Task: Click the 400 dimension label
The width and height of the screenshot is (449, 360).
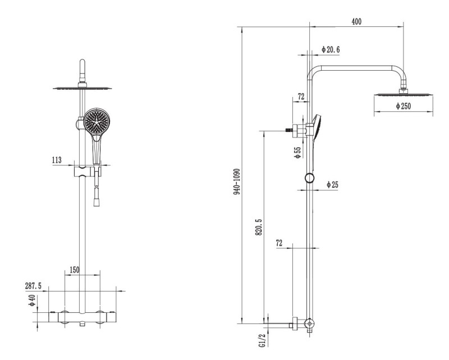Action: pyautogui.click(x=356, y=21)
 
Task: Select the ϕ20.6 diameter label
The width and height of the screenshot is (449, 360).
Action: pyautogui.click(x=330, y=50)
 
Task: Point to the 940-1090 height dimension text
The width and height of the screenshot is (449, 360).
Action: pyautogui.click(x=237, y=181)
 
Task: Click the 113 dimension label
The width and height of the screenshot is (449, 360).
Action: pyautogui.click(x=56, y=160)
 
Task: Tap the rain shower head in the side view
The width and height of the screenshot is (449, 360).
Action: pyautogui.click(x=403, y=94)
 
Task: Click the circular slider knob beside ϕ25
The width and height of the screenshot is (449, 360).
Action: pyautogui.click(x=309, y=179)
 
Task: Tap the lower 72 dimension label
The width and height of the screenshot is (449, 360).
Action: pyautogui.click(x=280, y=244)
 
